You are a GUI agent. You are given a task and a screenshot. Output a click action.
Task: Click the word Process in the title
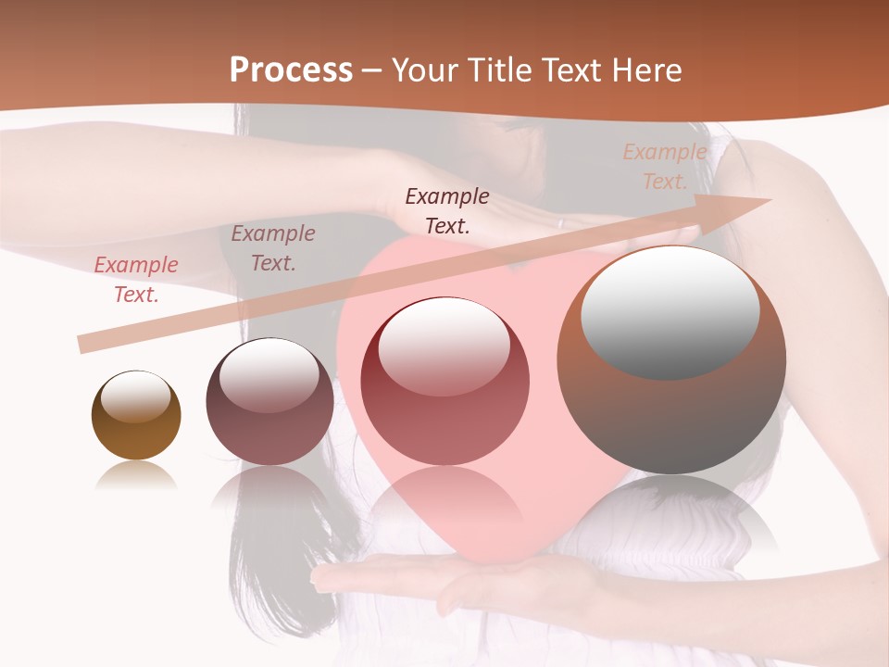[x=291, y=70]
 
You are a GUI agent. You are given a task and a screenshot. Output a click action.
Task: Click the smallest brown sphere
[x=136, y=416]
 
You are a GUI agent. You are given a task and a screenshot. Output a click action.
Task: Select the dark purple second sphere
[x=269, y=402]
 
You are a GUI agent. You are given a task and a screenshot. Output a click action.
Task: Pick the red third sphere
[x=444, y=382]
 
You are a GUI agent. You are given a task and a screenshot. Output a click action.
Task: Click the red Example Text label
[x=136, y=280]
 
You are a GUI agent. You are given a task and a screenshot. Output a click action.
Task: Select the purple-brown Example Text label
[x=273, y=248]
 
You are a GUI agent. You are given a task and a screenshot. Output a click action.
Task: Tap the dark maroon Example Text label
[x=447, y=210]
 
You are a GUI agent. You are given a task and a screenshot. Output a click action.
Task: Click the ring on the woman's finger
[x=560, y=222]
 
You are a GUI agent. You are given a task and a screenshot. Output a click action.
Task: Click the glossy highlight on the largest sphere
[x=670, y=311]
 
